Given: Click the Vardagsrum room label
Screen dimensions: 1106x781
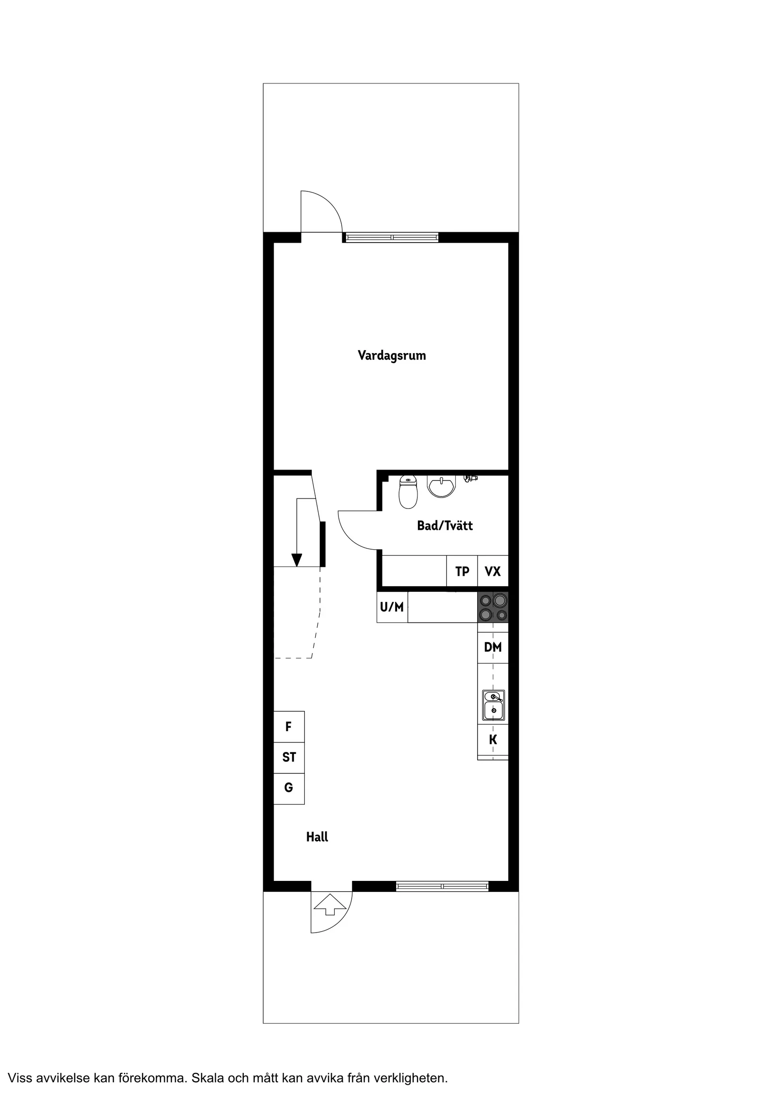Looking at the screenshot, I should [x=391, y=355].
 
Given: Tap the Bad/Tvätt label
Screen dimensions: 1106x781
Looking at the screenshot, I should [x=444, y=526].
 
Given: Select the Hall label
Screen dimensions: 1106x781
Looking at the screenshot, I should [x=317, y=837].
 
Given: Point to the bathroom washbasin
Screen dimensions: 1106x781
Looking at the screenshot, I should [x=441, y=487].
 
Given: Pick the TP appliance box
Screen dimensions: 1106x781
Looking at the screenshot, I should [x=462, y=571].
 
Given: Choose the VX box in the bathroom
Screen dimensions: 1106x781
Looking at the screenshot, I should [x=493, y=571].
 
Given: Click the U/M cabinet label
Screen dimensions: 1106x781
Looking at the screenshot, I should [x=392, y=607].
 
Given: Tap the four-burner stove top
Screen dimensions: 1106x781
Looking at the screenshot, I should [x=493, y=607].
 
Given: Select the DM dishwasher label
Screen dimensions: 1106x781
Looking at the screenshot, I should [x=493, y=647].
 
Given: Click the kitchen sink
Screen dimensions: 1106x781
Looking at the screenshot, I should [x=494, y=705].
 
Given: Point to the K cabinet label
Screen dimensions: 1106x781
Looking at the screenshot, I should [x=493, y=740].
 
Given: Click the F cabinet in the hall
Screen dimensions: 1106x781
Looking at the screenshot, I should [x=289, y=726].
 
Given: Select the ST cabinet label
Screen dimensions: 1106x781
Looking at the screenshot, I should [x=289, y=757].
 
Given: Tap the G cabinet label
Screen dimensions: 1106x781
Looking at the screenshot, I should [x=289, y=788].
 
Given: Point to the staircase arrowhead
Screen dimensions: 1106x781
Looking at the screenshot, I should [x=297, y=560].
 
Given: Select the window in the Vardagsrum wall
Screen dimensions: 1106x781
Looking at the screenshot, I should [x=392, y=237].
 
